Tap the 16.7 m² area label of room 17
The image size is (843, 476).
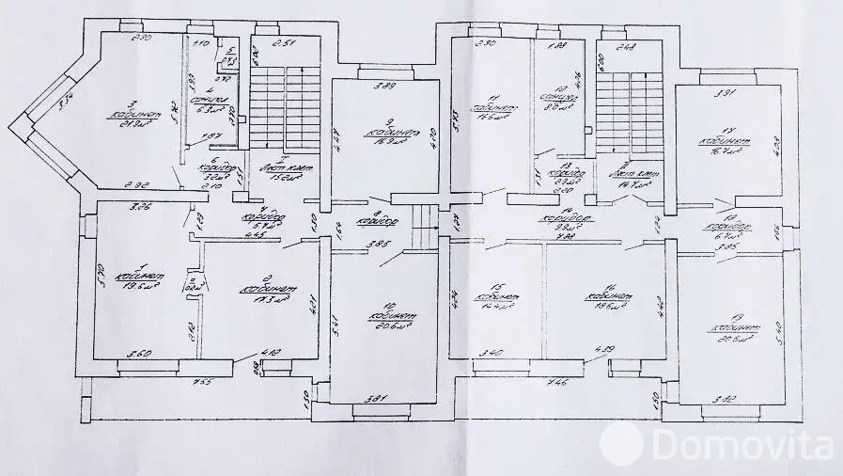724,151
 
